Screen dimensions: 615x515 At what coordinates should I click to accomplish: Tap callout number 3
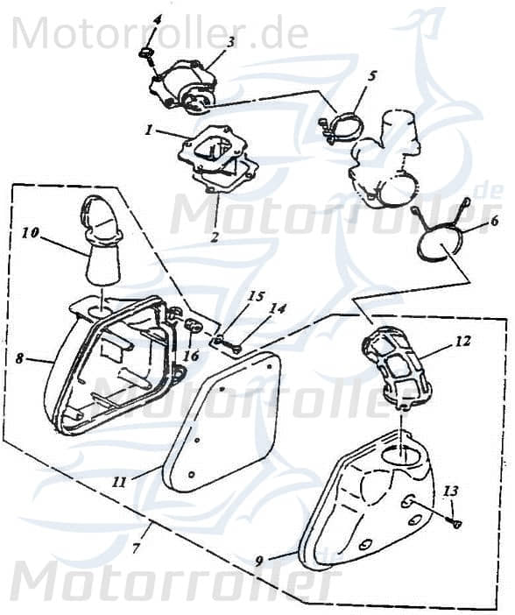point(230,41)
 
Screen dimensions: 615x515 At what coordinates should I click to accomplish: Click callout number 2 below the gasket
point(215,237)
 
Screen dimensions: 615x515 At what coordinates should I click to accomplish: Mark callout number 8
point(18,358)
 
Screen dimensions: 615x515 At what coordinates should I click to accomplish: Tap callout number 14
point(277,309)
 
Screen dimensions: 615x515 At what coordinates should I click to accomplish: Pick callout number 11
point(119,481)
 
